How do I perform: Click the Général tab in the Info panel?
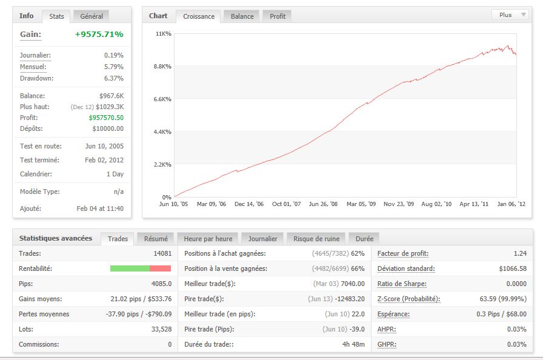(x=92, y=16)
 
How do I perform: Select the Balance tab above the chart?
(x=242, y=16)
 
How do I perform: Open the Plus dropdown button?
(x=510, y=15)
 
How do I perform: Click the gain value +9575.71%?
(x=99, y=35)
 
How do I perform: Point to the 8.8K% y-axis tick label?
(x=162, y=66)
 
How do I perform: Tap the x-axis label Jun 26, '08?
(x=323, y=205)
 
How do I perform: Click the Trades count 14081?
(x=161, y=253)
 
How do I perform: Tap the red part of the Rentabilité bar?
(x=160, y=268)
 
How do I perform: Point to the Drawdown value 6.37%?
(x=113, y=78)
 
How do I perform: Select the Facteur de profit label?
(x=400, y=253)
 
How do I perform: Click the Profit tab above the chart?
(x=278, y=16)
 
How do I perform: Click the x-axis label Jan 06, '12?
(x=511, y=205)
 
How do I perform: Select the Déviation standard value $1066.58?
(x=510, y=268)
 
